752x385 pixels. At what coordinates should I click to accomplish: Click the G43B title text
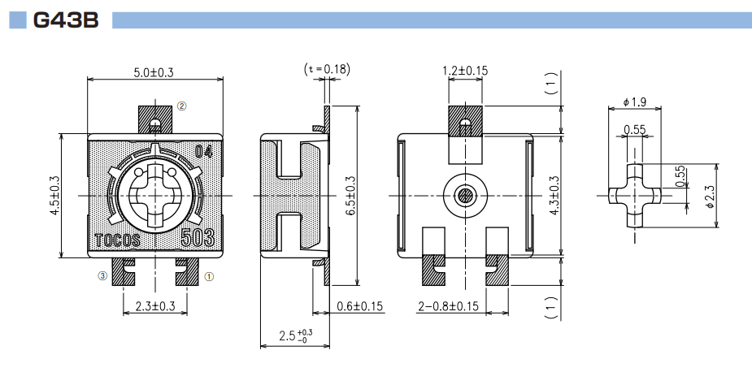pos(65,20)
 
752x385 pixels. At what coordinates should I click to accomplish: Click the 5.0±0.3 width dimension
pos(154,73)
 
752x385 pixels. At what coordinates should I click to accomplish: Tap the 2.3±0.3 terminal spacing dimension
pos(154,306)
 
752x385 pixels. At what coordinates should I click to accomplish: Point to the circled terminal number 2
pos(182,106)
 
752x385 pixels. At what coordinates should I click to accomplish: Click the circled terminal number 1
pos(208,276)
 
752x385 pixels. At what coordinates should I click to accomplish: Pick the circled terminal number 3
pos(102,276)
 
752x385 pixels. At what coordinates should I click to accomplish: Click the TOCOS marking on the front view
pos(118,241)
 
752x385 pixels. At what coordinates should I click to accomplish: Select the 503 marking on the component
pos(198,239)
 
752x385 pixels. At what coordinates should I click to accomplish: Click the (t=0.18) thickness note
pos(326,69)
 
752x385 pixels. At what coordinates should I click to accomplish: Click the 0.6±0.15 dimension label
pos(359,306)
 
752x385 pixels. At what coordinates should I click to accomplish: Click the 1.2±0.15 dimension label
pos(465,71)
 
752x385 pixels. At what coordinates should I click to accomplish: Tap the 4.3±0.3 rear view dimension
pos(555,196)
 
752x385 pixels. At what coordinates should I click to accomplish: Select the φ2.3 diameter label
pos(709,196)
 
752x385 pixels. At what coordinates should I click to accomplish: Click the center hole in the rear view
pos(465,196)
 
